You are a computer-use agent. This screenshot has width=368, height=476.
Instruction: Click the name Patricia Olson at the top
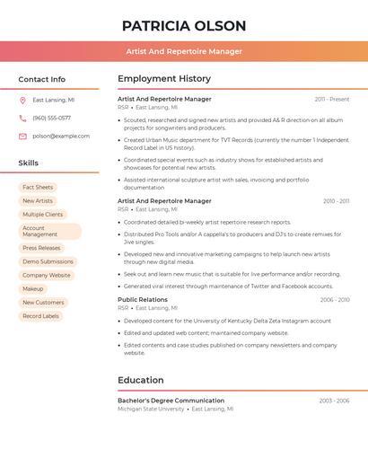click(x=184, y=26)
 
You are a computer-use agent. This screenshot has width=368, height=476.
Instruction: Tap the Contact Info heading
click(x=42, y=79)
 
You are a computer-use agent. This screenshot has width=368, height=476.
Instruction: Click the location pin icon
click(x=22, y=100)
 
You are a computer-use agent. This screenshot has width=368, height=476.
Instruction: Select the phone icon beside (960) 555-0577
click(x=22, y=118)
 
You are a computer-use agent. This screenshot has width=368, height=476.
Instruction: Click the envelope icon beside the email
click(x=22, y=136)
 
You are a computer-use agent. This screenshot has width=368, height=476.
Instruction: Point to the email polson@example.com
click(x=61, y=136)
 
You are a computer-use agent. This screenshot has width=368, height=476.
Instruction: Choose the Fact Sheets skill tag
click(x=38, y=187)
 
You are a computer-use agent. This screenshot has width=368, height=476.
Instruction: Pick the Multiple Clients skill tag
click(x=43, y=215)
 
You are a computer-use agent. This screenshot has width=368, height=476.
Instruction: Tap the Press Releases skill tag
click(x=41, y=248)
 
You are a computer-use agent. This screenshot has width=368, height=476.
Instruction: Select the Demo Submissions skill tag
click(x=48, y=261)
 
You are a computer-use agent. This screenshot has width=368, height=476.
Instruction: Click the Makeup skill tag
click(x=33, y=289)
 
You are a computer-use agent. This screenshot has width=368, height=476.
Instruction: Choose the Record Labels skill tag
click(x=41, y=316)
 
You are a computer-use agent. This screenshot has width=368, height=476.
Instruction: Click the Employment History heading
click(x=164, y=79)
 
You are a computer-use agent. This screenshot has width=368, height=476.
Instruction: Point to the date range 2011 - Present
click(x=332, y=99)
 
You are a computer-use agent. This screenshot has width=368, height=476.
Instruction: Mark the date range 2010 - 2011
click(x=337, y=201)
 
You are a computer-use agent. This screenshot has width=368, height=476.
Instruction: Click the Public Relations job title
click(x=143, y=299)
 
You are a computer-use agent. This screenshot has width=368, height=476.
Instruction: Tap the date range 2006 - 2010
click(x=335, y=300)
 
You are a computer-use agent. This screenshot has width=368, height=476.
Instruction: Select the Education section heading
click(x=141, y=380)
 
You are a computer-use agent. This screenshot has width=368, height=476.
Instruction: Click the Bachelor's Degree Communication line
click(x=171, y=401)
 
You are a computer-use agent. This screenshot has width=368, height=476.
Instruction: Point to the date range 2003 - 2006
click(x=334, y=401)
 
